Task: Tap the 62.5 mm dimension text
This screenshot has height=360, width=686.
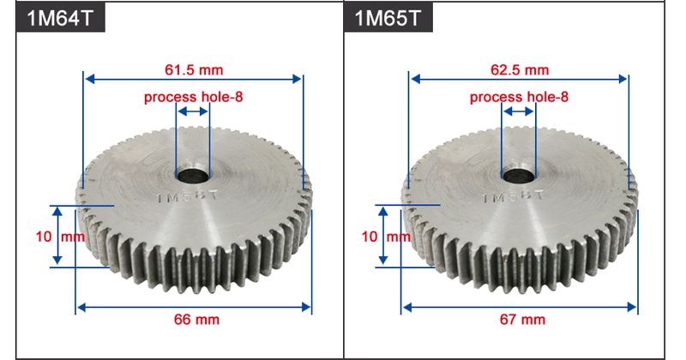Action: [520, 69]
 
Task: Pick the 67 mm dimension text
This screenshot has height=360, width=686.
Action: [522, 320]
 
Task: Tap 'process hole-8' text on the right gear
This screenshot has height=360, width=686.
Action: [520, 97]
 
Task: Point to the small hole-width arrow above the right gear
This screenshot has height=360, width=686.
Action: [519, 111]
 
